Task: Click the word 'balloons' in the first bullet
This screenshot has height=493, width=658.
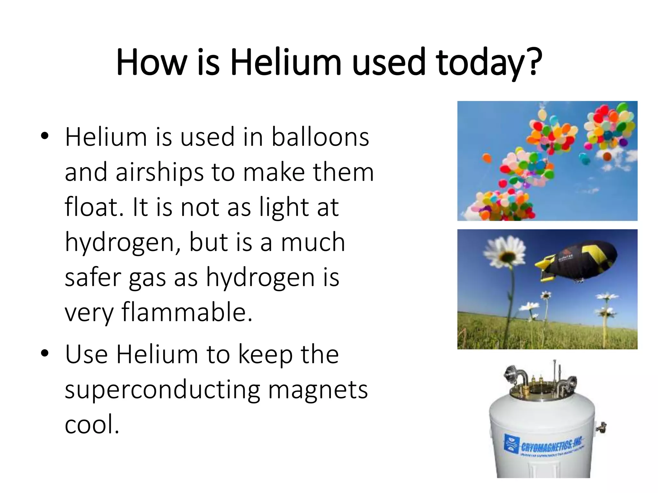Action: click(x=320, y=137)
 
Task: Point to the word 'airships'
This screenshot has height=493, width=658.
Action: click(x=160, y=172)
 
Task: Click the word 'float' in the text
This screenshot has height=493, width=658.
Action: click(x=93, y=207)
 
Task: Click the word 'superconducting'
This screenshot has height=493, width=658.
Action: click(x=162, y=390)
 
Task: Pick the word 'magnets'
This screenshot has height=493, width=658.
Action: click(x=318, y=390)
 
